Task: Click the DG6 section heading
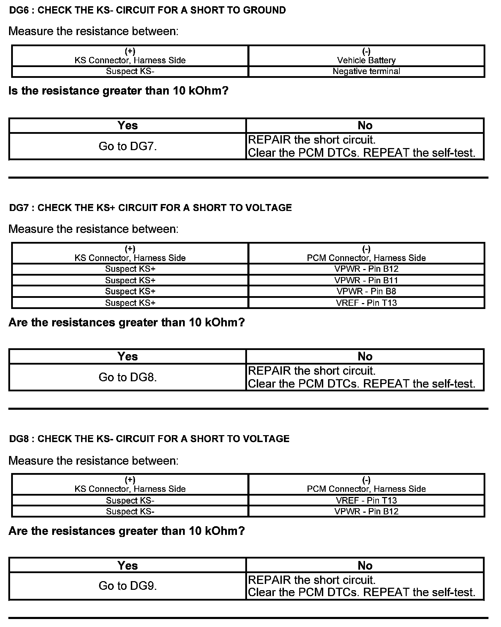pos(147,10)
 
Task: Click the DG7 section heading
pos(150,208)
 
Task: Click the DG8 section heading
pos(149,439)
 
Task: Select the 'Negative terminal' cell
pos(366,71)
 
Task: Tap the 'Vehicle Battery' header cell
pos(366,56)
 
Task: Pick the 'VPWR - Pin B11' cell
pos(366,280)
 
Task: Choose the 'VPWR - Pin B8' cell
pos(366,291)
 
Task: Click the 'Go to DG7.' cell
pos(128,146)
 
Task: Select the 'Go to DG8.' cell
pos(128,377)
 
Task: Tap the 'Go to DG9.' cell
pos(128,586)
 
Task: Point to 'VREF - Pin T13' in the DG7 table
pos(366,303)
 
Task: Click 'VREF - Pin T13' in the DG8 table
pos(366,500)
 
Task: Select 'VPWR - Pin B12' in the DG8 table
pos(366,511)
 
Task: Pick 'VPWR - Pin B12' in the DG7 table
pos(366,269)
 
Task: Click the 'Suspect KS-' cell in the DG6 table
pos(130,71)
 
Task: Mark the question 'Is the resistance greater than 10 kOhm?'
pos(118,91)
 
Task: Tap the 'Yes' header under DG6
pos(128,125)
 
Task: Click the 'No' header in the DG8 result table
pos(365,565)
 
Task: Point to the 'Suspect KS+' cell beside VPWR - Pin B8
pos(130,291)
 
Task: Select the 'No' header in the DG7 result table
pos(365,356)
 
